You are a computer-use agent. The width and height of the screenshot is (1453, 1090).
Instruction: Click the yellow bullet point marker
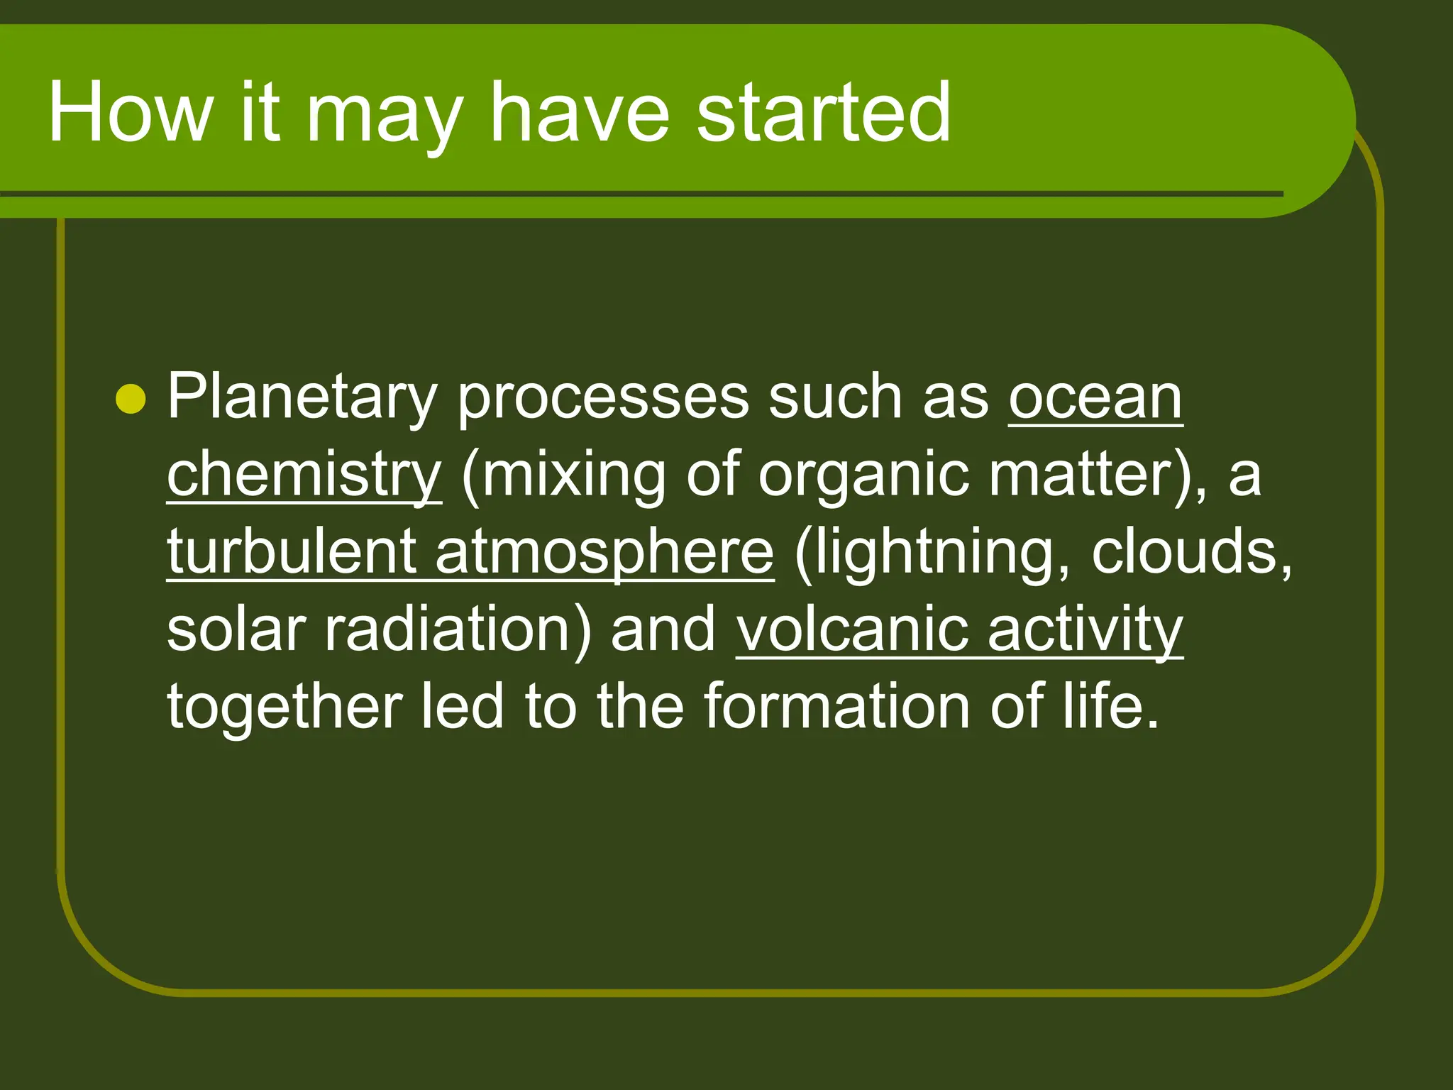(131, 400)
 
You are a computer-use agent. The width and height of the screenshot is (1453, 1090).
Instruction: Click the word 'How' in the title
(131, 112)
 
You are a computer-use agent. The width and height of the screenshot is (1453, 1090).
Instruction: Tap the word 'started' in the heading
(823, 112)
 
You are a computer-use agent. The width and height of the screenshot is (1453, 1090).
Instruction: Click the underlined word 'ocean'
(1095, 397)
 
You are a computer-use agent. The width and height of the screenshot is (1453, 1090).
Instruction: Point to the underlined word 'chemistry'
(304, 475)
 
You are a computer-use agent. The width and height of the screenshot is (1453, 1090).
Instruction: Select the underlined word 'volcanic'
(851, 629)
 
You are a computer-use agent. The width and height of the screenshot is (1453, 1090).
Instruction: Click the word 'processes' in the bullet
(602, 397)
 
